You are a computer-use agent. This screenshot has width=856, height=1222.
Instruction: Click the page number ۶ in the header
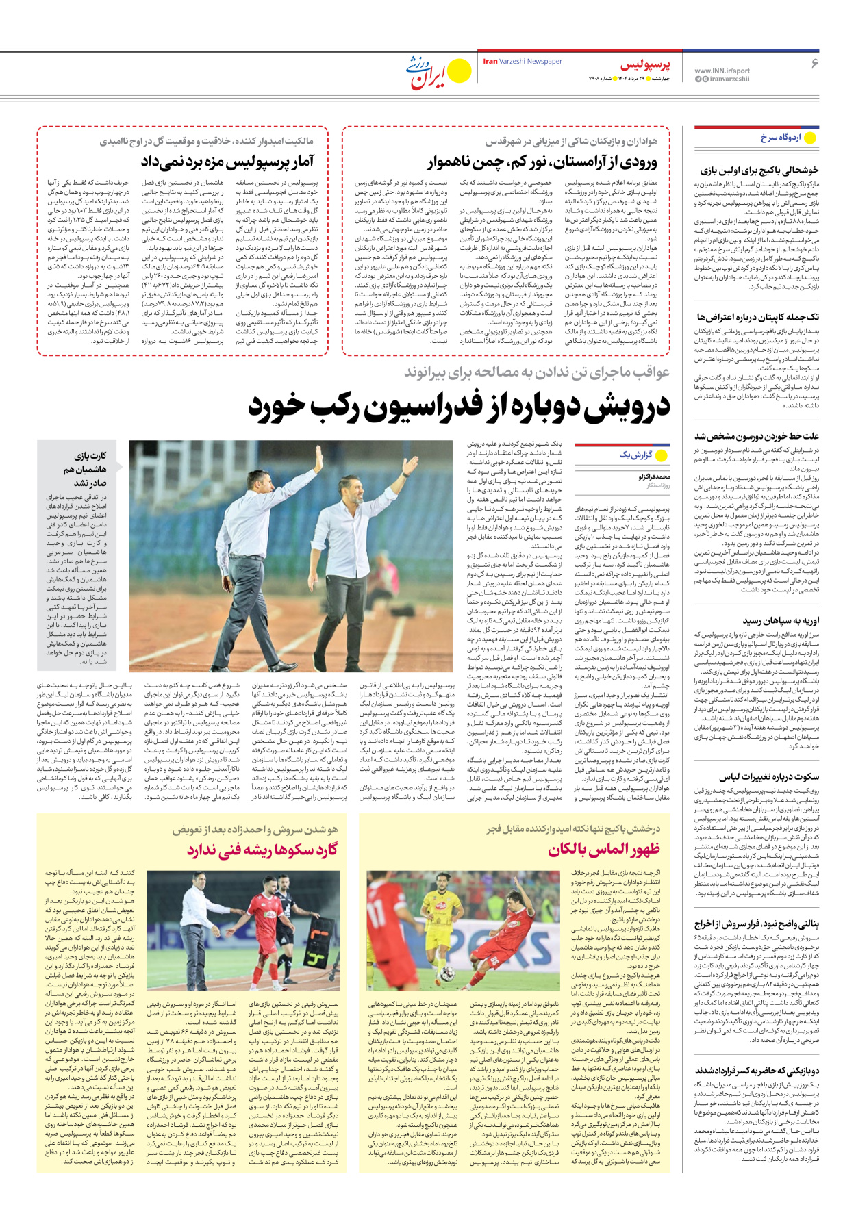[814, 63]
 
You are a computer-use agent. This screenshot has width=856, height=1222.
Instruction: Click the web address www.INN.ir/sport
[722, 71]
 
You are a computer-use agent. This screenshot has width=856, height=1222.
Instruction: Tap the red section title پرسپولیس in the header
[645, 65]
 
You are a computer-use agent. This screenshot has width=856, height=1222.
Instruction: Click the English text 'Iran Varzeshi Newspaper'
[523, 61]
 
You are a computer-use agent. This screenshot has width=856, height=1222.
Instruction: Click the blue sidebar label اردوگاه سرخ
[781, 138]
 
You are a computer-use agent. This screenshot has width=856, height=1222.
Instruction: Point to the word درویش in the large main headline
[614, 407]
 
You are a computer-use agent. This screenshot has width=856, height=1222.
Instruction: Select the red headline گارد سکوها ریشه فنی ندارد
[262, 850]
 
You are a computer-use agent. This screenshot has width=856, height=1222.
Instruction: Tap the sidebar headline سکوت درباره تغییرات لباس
[768, 776]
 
